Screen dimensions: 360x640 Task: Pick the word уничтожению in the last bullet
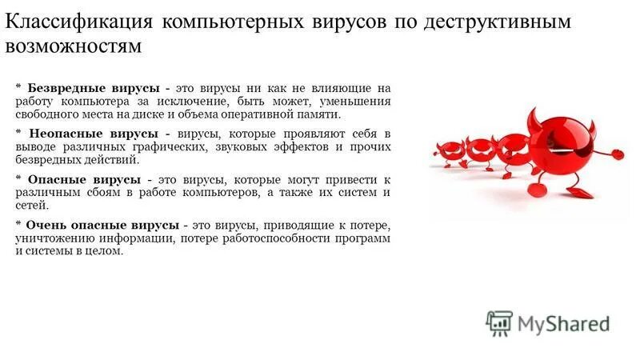pos(50,238)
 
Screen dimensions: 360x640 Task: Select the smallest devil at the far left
pos(449,151)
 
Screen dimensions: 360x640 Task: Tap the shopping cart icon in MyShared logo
pos(498,322)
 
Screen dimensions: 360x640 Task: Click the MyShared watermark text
pos(563,323)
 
